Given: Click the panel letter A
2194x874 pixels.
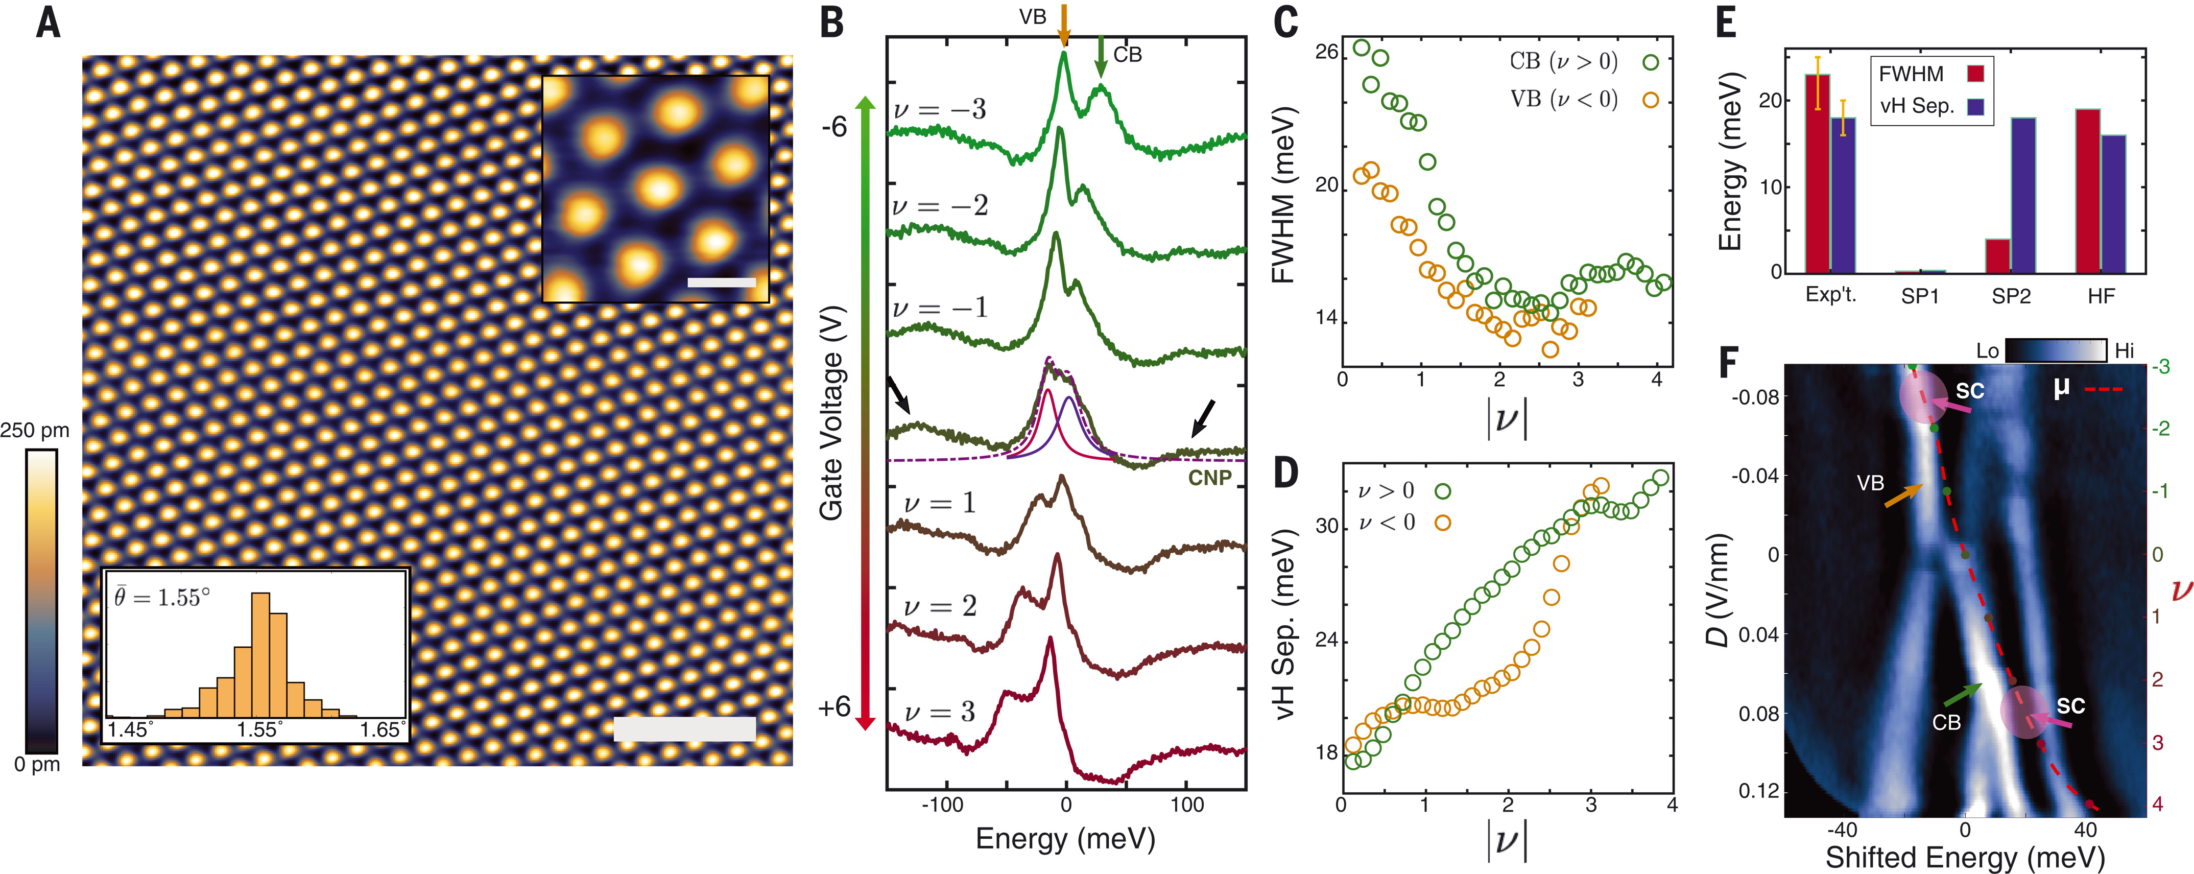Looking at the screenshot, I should [x=49, y=23].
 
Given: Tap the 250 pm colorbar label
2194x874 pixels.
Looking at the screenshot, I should [x=35, y=430].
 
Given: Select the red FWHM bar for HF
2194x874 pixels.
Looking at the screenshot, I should [x=2088, y=191].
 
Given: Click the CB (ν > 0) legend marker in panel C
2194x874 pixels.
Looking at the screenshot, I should [x=1651, y=61].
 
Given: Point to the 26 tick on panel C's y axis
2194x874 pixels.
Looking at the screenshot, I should [x=1326, y=52].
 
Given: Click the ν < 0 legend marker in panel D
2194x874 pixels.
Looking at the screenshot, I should [x=1442, y=522].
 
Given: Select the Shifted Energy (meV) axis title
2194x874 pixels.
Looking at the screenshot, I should [x=1964, y=856].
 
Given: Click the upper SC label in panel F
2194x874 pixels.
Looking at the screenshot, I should [x=1969, y=391].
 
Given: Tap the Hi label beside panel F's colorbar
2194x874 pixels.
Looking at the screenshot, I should [x=2124, y=350].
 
